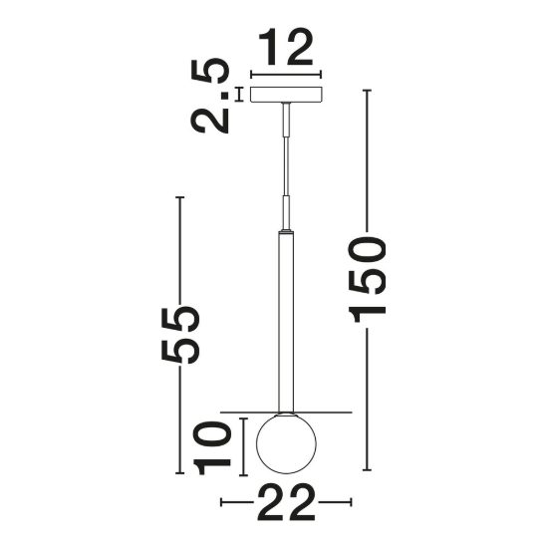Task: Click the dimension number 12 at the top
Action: coord(286,47)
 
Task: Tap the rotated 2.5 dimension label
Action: coord(209,96)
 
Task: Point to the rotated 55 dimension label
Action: coord(180,335)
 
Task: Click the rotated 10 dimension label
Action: coord(212,447)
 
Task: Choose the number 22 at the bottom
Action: coord(286,503)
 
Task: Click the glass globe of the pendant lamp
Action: coord(286,443)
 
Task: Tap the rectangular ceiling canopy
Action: coord(286,95)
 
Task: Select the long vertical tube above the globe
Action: coord(286,322)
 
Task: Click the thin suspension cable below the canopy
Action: coord(286,166)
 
